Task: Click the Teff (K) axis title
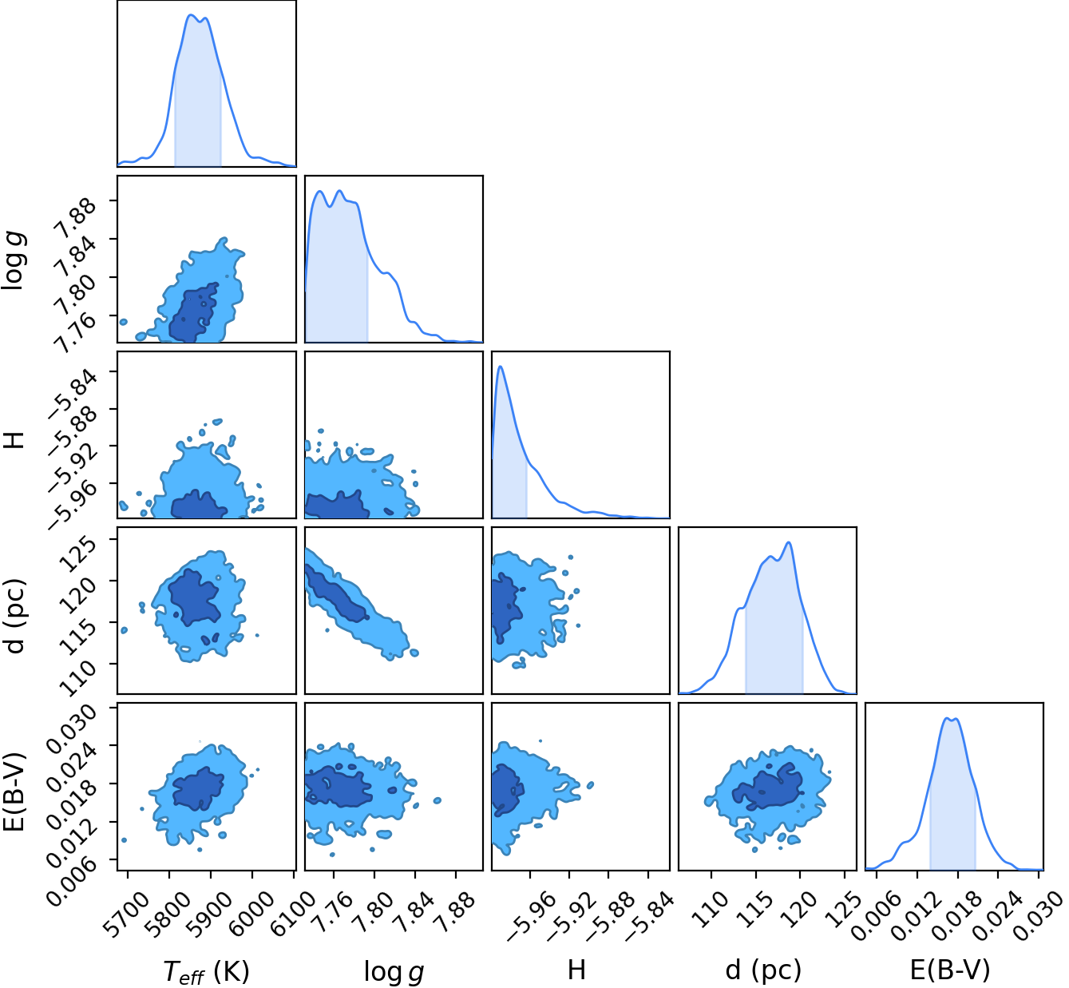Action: pos(206,972)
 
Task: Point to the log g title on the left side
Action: pos(13,260)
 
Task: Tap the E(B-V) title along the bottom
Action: pos(950,970)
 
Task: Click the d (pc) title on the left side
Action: pos(14,616)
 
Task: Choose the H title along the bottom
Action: pos(576,970)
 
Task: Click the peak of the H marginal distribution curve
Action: pos(501,367)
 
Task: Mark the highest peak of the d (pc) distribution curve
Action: pos(789,542)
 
